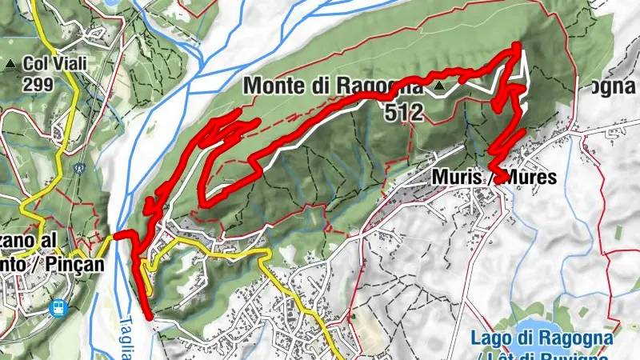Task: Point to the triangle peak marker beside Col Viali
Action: (10, 62)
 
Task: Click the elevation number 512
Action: (403, 113)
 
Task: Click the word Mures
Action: (527, 178)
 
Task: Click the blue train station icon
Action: (58, 307)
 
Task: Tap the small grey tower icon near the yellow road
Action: (79, 169)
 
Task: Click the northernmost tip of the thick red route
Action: (517, 46)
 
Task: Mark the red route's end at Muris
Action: (498, 178)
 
